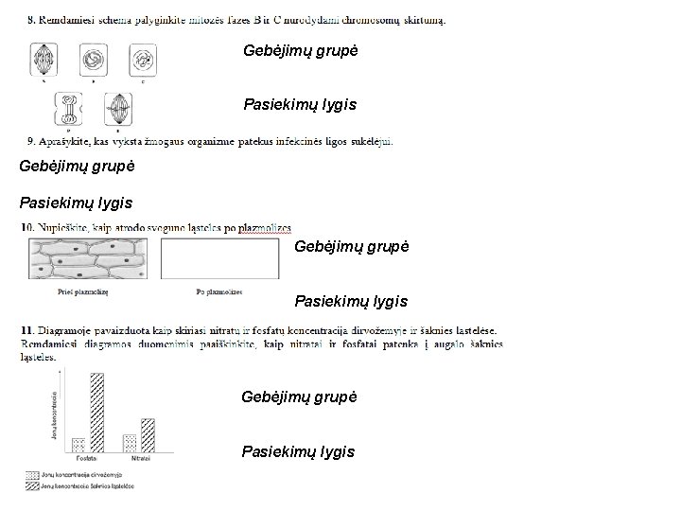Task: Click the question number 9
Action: coord(32,142)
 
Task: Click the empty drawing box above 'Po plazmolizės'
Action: coord(219,258)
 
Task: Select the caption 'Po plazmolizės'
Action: coord(219,291)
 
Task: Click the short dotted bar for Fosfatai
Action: coord(79,444)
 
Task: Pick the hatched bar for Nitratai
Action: coord(148,434)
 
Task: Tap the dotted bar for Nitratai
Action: coord(130,442)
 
